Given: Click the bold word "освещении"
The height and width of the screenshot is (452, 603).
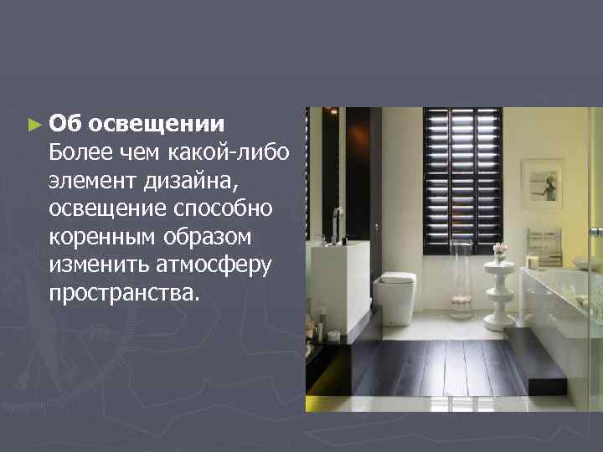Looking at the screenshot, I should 157,124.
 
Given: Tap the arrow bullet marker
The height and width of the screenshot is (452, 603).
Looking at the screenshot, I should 33,125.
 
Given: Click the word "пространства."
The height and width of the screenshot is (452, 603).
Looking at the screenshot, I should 125,295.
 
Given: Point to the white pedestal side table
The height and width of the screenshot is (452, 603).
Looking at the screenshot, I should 501,288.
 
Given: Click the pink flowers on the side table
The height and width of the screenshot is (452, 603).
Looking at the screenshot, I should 500,249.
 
